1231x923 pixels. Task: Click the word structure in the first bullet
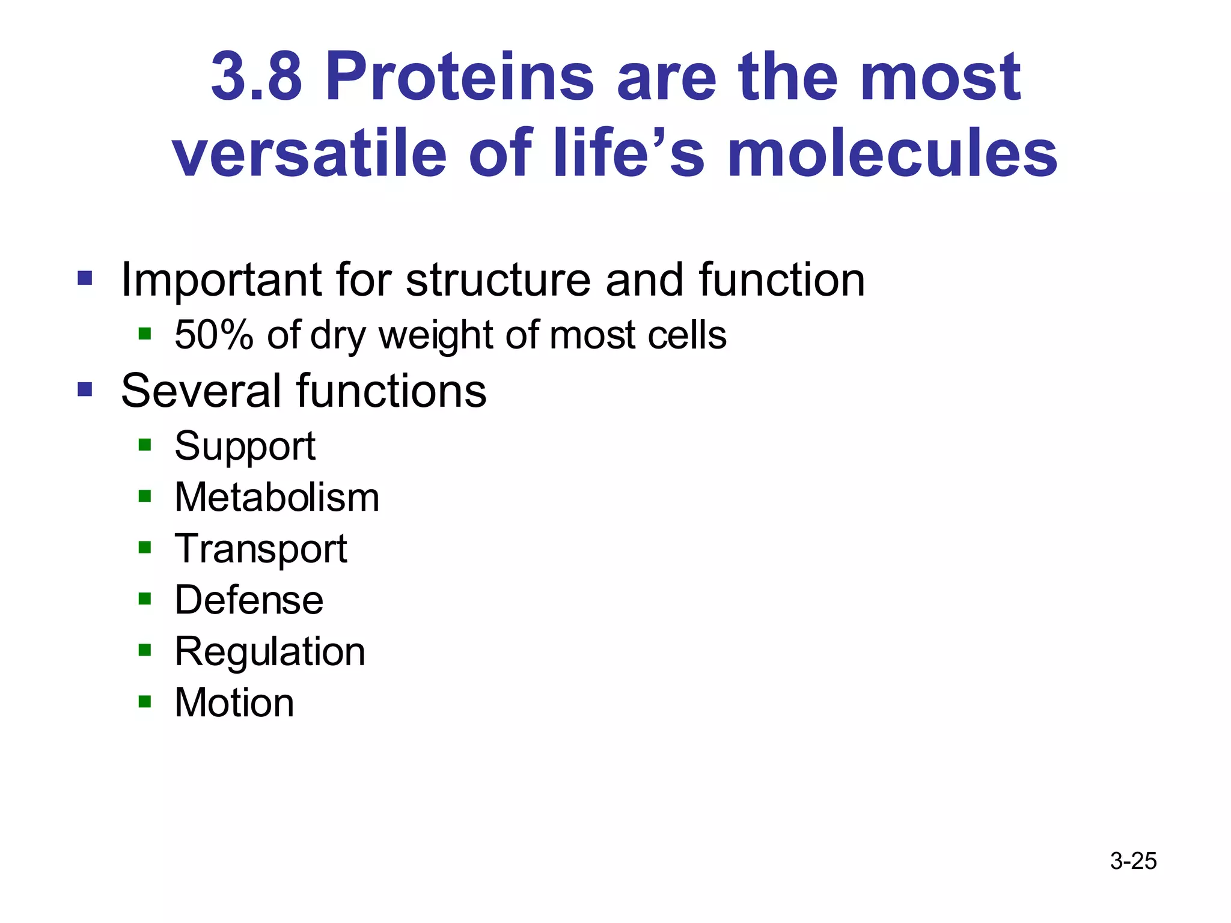pos(498,280)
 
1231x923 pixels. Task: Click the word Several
pos(200,391)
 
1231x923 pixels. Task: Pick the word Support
pos(245,446)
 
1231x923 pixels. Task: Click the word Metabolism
pos(277,498)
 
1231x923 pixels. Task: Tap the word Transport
pos(261,549)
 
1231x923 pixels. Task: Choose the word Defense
pos(249,600)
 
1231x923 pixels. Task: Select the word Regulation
pos(270,651)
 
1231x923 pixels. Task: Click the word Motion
pos(234,703)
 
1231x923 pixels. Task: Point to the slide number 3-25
pos(1133,861)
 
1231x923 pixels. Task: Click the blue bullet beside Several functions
pos(85,390)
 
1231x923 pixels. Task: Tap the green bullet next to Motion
pos(144,701)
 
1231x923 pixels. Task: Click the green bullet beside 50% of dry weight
pos(144,333)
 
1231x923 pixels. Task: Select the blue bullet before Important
pos(85,278)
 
